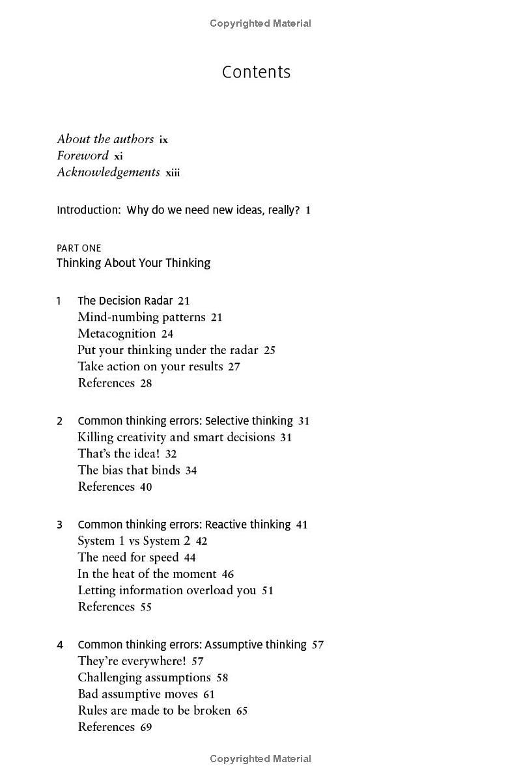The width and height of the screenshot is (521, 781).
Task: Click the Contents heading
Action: tap(256, 72)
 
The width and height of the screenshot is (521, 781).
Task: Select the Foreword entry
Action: tap(83, 156)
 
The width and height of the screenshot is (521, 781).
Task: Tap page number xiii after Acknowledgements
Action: tap(173, 172)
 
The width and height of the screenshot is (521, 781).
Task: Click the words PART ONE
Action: tap(79, 248)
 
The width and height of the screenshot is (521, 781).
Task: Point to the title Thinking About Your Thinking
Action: tap(134, 263)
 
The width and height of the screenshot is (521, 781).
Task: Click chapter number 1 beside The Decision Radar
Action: tap(59, 301)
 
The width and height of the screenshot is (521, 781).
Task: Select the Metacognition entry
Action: tap(117, 334)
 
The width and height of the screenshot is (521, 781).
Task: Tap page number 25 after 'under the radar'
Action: tap(270, 350)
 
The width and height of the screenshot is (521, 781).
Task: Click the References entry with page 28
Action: tap(106, 383)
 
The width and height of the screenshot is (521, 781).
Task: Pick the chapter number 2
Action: tap(59, 421)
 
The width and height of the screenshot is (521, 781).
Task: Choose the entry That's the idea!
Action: tap(119, 454)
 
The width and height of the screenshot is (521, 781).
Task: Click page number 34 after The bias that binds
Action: tap(191, 471)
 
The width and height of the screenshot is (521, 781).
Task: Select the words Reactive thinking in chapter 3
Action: tap(247, 525)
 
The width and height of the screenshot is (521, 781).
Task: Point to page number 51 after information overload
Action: tap(268, 591)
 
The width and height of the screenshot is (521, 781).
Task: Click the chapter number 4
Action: tap(59, 645)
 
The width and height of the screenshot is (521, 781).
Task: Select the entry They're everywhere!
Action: tap(132, 661)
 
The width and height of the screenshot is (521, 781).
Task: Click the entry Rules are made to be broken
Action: tap(154, 711)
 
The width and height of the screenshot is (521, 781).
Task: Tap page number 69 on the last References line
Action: tap(146, 727)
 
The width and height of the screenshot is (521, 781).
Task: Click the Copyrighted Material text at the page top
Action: tap(260, 23)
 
